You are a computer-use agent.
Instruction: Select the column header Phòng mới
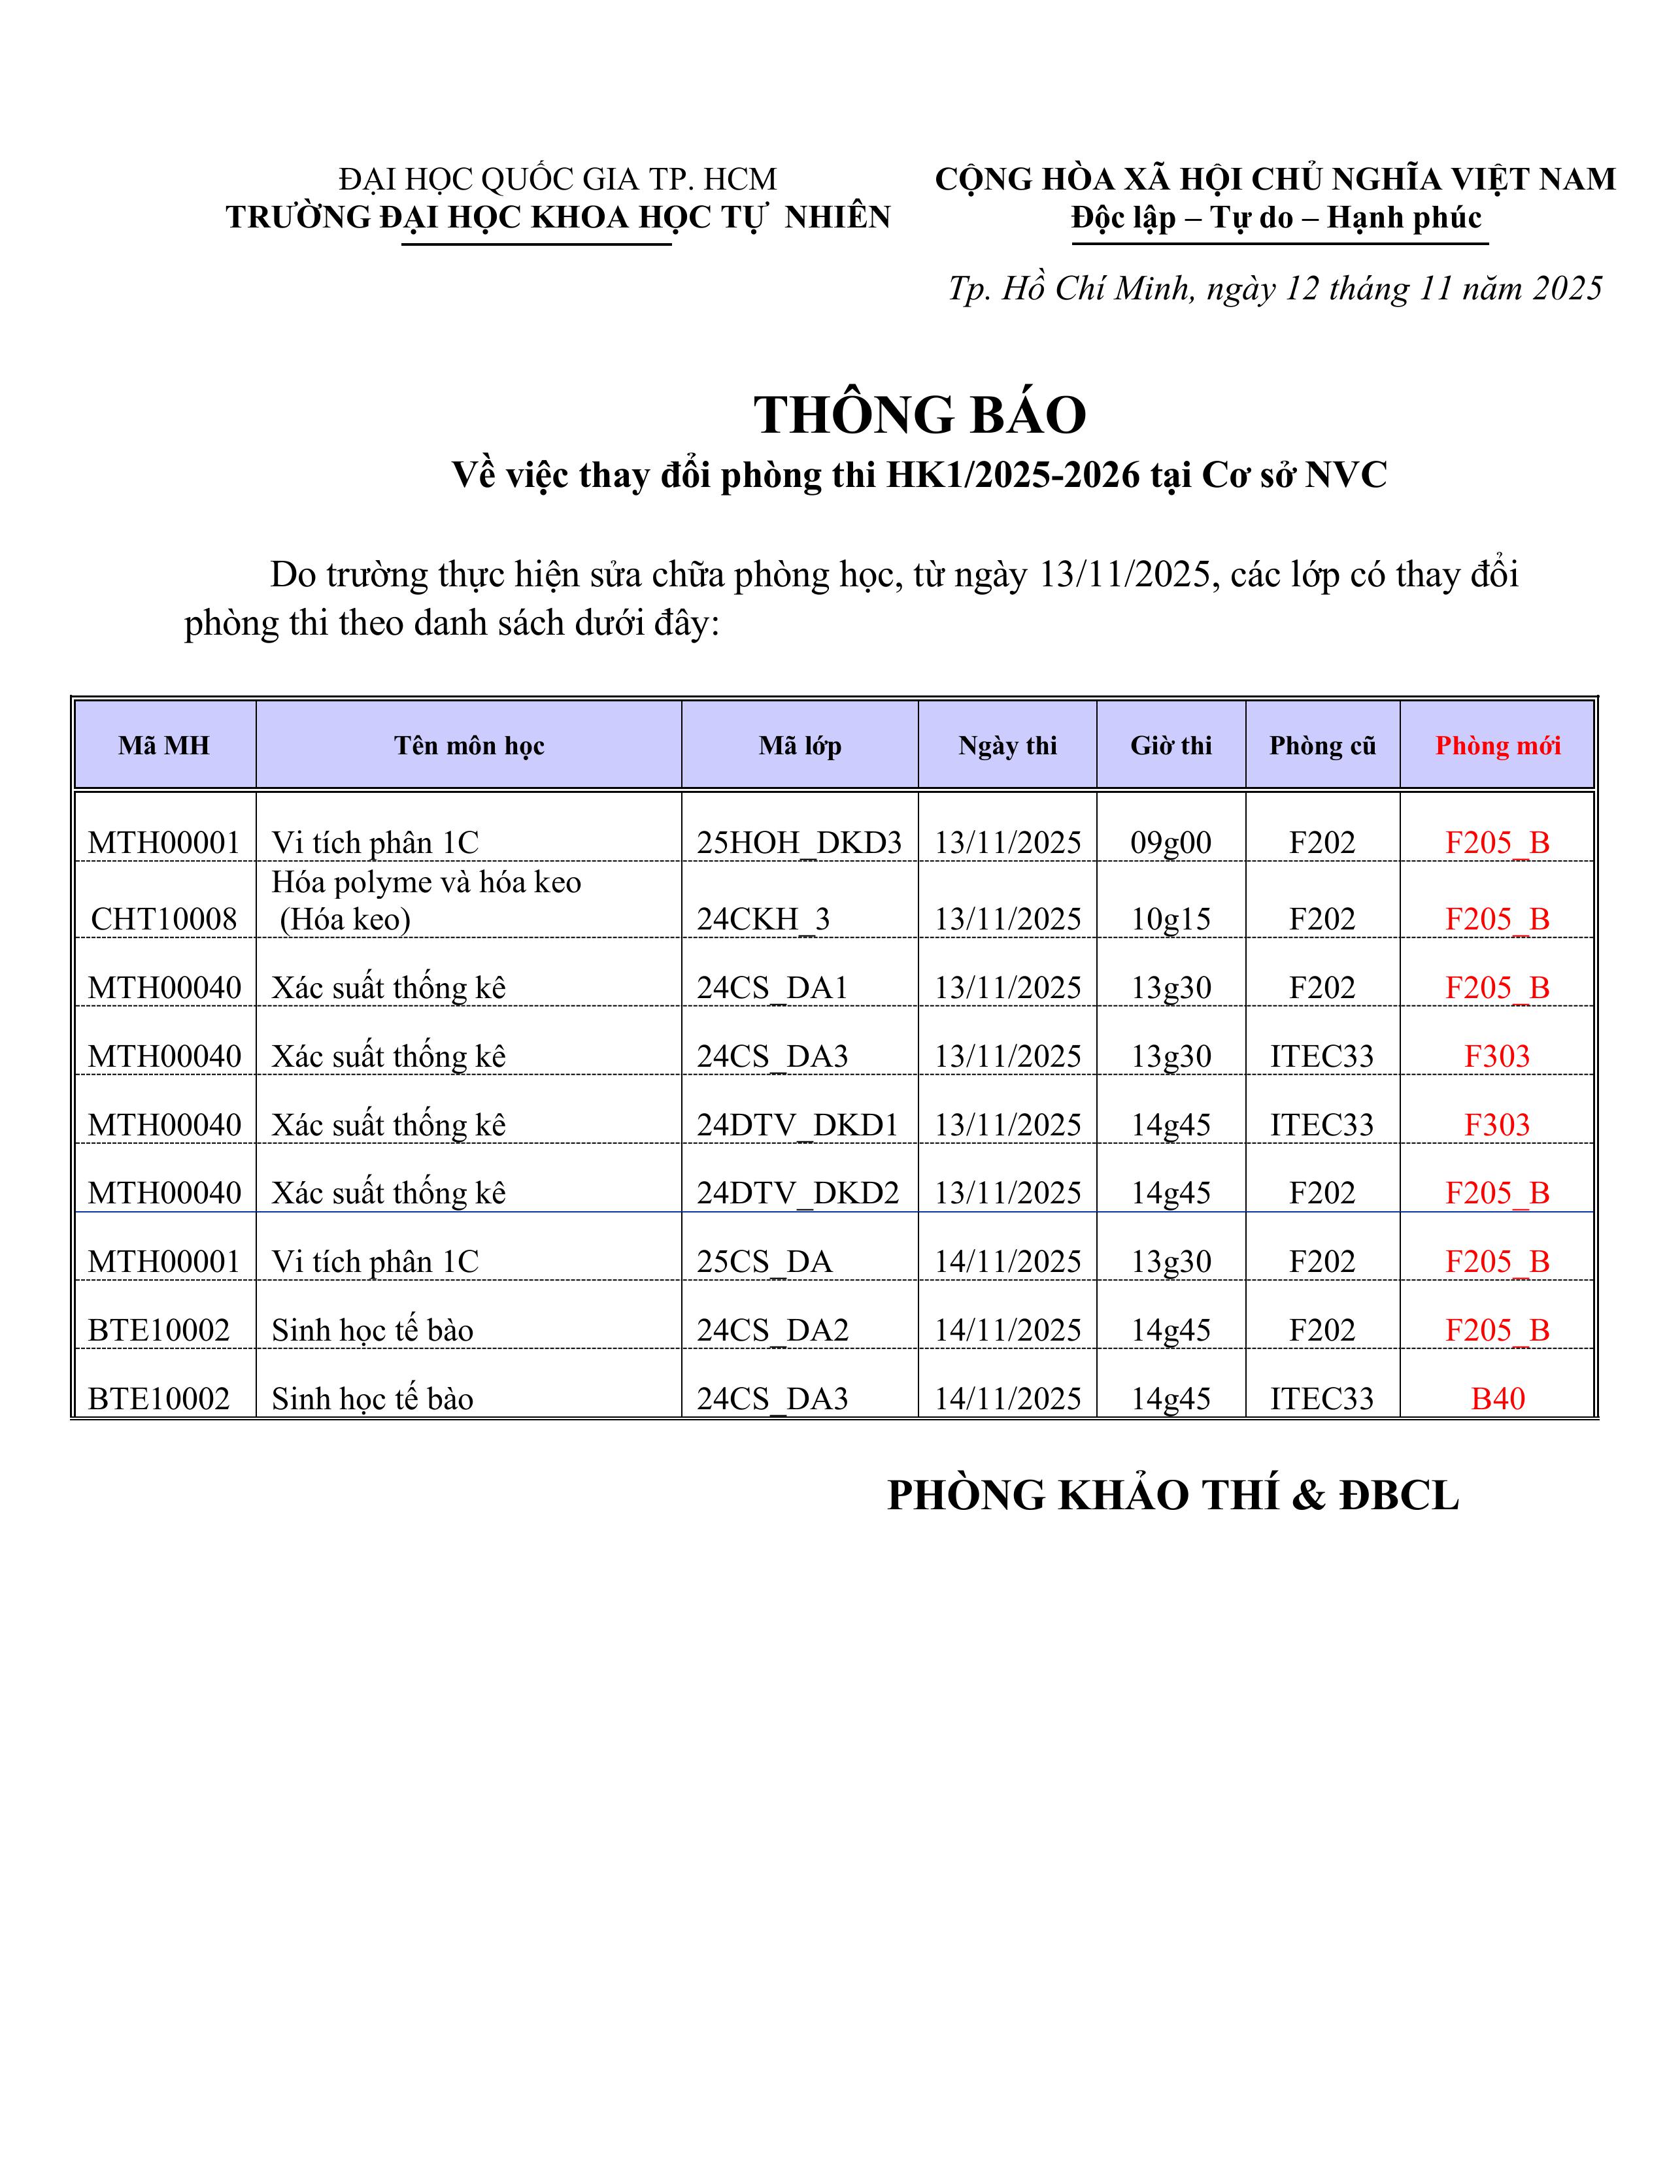click(x=1497, y=746)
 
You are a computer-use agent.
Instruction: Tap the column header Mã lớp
click(x=800, y=746)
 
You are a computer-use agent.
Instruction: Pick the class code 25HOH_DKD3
click(x=799, y=843)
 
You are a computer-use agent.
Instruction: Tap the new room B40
click(x=1497, y=1399)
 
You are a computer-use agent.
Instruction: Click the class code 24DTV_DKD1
click(x=798, y=1125)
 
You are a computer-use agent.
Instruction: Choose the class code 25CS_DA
click(x=764, y=1262)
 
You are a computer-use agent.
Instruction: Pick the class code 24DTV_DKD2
click(x=798, y=1193)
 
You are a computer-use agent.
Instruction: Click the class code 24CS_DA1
click(x=772, y=988)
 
